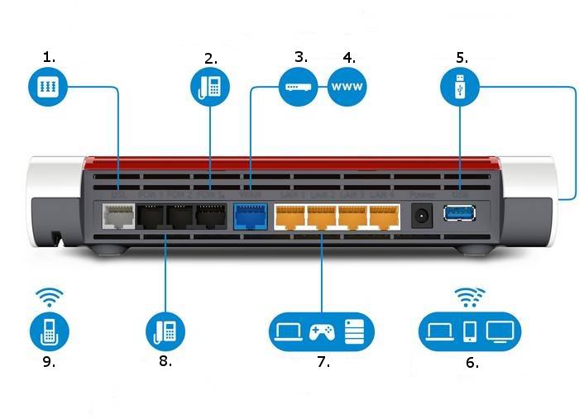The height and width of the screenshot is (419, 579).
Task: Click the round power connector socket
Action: point(422,216)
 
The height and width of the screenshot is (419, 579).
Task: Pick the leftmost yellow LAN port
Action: point(289,218)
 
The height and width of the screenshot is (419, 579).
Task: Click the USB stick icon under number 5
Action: point(459,87)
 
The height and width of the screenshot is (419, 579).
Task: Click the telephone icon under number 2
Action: point(210,87)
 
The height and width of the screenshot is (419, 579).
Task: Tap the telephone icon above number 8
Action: point(165,331)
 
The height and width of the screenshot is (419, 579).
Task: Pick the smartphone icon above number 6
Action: point(470,331)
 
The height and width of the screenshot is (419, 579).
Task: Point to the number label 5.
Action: point(461,58)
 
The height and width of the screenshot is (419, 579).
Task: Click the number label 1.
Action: point(50,57)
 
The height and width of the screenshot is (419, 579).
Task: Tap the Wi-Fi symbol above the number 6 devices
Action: point(470,295)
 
